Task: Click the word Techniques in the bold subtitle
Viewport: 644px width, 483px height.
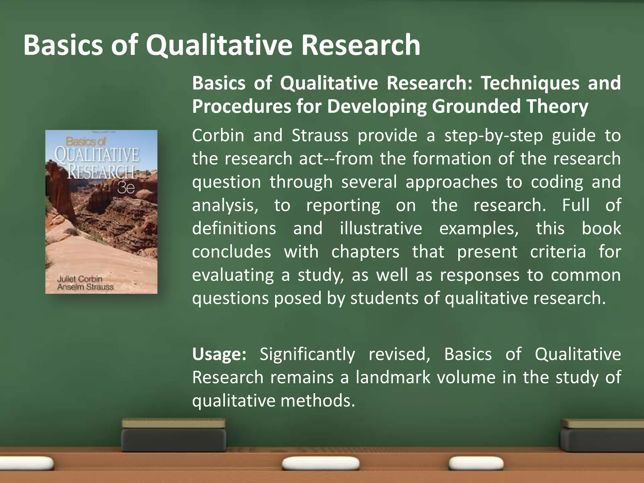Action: click(530, 83)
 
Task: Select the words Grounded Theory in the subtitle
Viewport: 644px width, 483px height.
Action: click(510, 106)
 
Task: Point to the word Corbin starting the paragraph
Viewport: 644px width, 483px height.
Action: click(218, 136)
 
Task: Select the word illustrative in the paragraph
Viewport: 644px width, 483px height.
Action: click(381, 228)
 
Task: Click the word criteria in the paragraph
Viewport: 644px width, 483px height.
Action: click(558, 252)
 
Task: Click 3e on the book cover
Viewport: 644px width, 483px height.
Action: click(126, 188)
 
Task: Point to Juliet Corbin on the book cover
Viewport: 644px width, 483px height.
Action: click(80, 279)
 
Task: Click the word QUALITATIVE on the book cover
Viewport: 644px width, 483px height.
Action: click(97, 155)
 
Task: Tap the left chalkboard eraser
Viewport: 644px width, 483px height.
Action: click(174, 435)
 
